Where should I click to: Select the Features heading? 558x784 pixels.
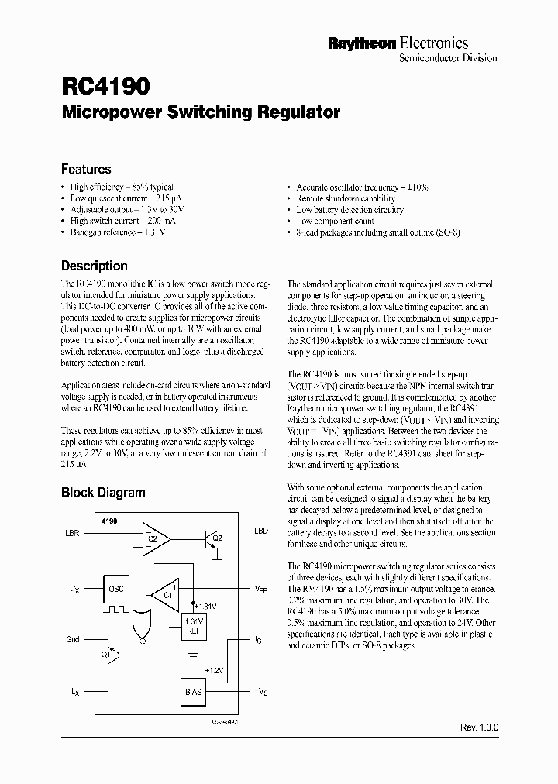[x=86, y=169]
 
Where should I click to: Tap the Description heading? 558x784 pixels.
[x=95, y=266]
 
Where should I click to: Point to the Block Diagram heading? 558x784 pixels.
[x=103, y=492]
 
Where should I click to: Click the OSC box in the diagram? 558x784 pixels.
[x=115, y=589]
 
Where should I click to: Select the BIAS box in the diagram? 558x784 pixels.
[x=193, y=691]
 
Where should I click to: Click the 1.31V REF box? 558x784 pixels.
[x=194, y=625]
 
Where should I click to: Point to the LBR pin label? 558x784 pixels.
[x=72, y=534]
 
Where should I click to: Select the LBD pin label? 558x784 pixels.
[x=261, y=531]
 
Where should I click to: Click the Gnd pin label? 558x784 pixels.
[x=72, y=639]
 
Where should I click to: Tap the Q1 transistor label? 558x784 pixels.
[x=106, y=652]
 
